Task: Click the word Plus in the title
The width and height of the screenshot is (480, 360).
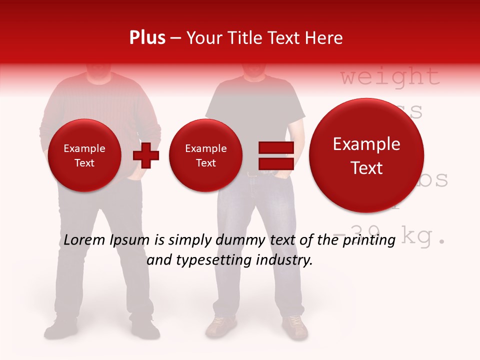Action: [x=147, y=37]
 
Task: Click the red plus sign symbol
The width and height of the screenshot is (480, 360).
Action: [x=146, y=155]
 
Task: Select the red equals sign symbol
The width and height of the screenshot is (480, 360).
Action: [x=275, y=155]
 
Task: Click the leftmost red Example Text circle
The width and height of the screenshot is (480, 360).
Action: [x=84, y=155]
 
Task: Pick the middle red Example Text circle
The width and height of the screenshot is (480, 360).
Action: [x=205, y=155]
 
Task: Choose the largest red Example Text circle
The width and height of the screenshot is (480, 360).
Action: [x=366, y=155]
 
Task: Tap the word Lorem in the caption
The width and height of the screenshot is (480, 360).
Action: [x=84, y=240]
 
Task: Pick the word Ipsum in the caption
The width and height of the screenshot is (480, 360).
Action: [x=130, y=240]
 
